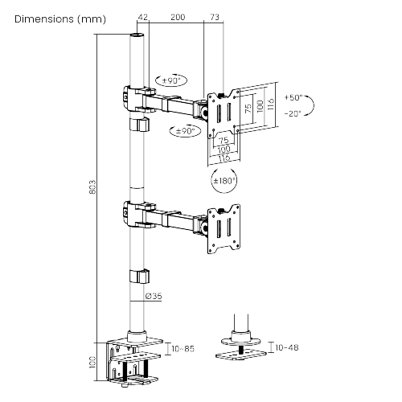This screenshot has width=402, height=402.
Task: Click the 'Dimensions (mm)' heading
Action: (60, 19)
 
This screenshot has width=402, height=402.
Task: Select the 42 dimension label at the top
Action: (142, 17)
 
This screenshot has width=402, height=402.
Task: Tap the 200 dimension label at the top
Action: (178, 17)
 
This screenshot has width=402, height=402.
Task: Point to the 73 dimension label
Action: (215, 17)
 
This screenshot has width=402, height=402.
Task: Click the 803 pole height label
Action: (92, 187)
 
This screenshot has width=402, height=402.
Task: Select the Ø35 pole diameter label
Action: (154, 296)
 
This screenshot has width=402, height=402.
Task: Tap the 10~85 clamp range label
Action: (183, 349)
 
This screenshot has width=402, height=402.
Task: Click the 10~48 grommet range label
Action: (287, 347)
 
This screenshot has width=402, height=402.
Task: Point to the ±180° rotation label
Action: (224, 181)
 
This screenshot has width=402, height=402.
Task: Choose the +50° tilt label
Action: (293, 97)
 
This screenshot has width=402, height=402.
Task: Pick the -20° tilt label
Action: (293, 113)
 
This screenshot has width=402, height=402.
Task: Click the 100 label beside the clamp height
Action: (92, 362)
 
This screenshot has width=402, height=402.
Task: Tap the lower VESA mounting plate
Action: (224, 229)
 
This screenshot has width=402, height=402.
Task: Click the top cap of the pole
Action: (137, 35)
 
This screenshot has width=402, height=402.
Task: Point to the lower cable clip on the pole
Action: (139, 277)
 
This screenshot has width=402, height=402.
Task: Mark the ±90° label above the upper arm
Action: (171, 80)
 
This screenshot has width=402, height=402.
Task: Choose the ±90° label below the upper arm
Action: (186, 131)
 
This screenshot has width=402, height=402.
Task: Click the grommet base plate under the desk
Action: (241, 356)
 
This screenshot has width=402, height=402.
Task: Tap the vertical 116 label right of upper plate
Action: (271, 104)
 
